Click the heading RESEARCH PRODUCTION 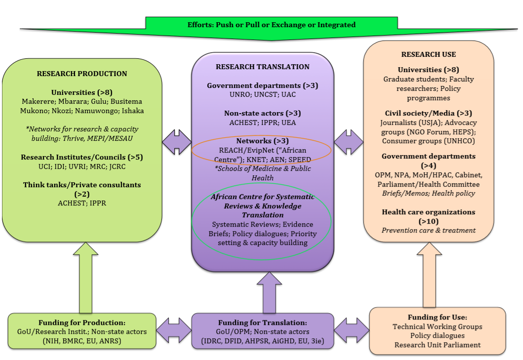pos(81,74)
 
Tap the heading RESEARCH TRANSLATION pos(262,67)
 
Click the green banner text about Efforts pos(271,25)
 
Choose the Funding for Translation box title pos(262,322)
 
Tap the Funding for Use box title pos(437,317)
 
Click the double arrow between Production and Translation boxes pos(176,142)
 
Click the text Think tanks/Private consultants pos(81,185)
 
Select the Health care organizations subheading pos(428,212)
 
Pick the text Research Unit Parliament pos(437,345)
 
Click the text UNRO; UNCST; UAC pos(262,94)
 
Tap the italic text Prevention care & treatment pos(428,230)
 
